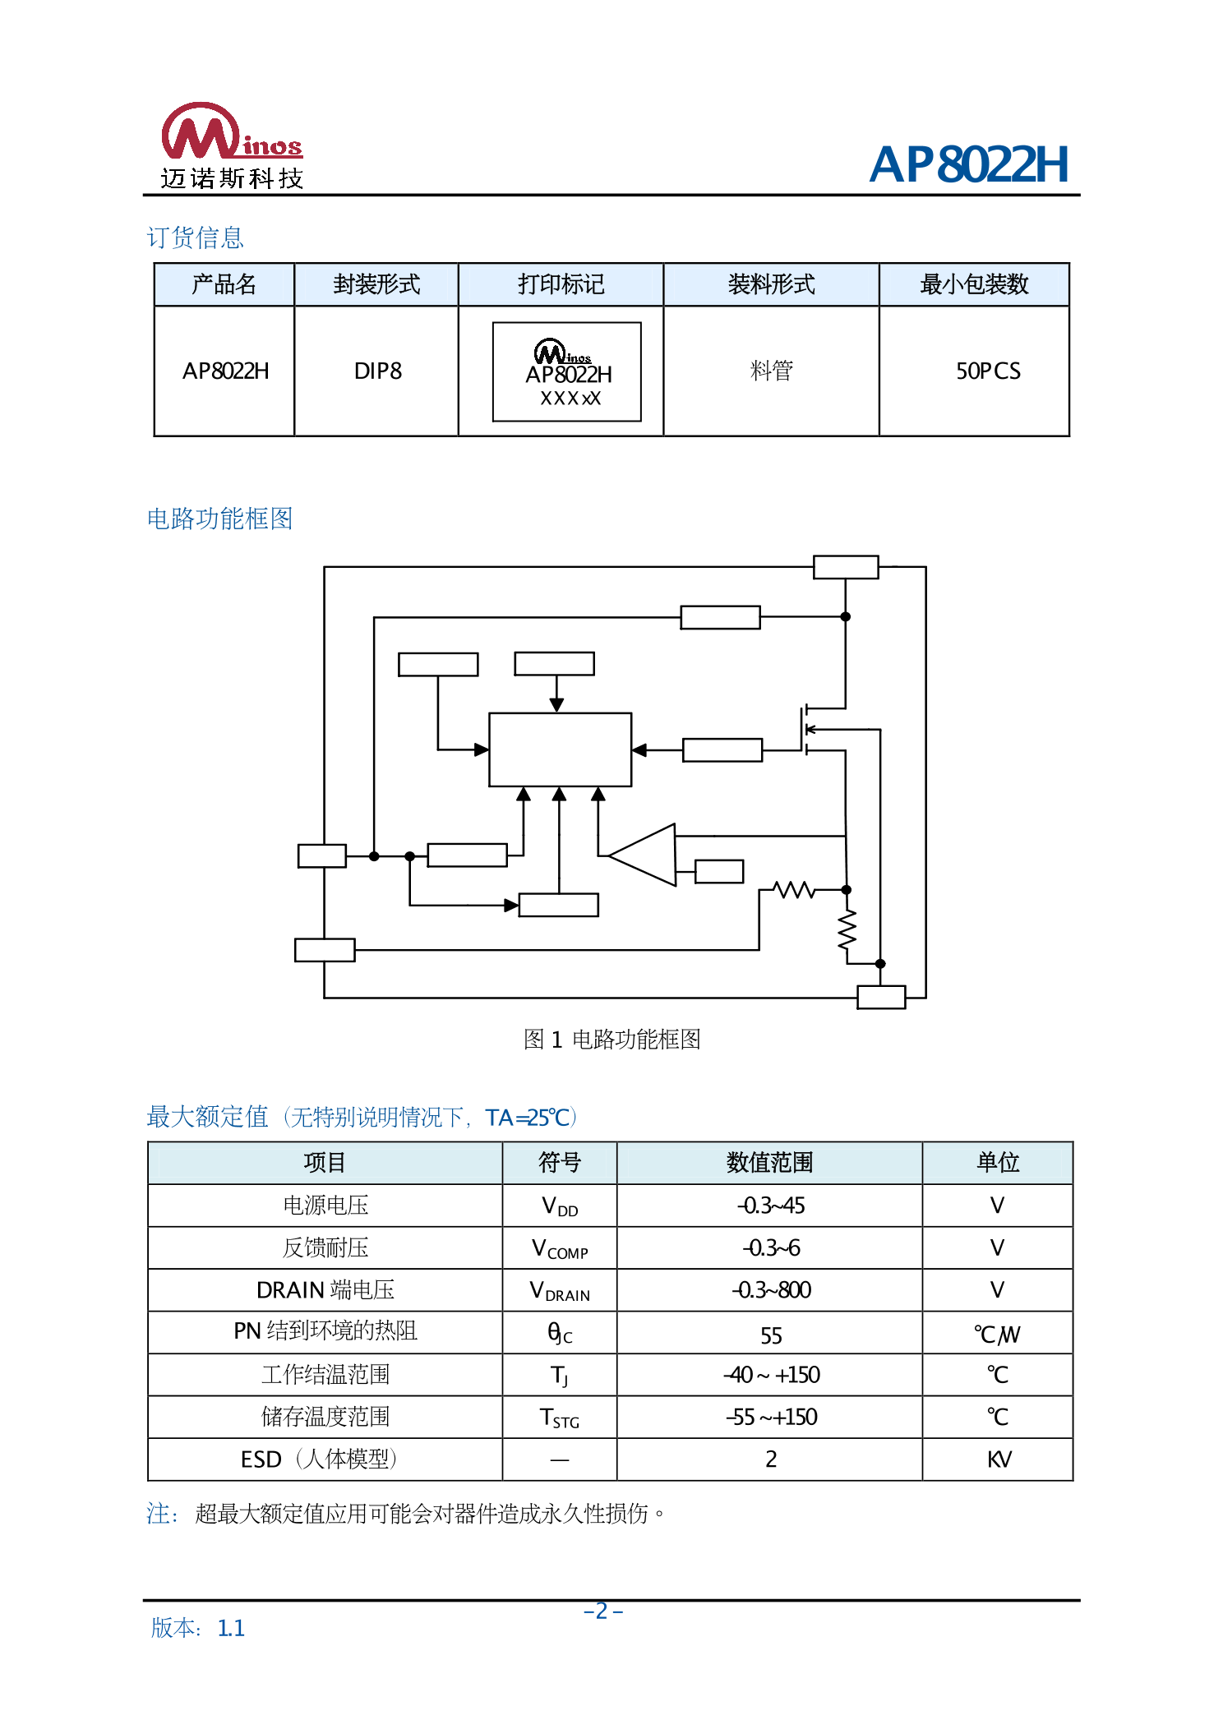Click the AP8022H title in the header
[969, 164]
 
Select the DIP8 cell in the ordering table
[377, 371]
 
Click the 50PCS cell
[987, 371]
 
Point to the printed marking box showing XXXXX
[567, 372]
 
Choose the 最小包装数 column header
[974, 284]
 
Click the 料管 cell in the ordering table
[771, 371]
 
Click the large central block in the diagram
[560, 749]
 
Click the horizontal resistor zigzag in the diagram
[794, 889]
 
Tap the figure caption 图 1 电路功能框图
[611, 1040]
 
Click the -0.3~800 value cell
[770, 1290]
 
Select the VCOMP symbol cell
[559, 1249]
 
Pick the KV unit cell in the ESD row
[998, 1459]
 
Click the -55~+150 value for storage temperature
[770, 1417]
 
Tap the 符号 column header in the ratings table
[559, 1162]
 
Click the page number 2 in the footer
[602, 1611]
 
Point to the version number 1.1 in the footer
[231, 1628]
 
